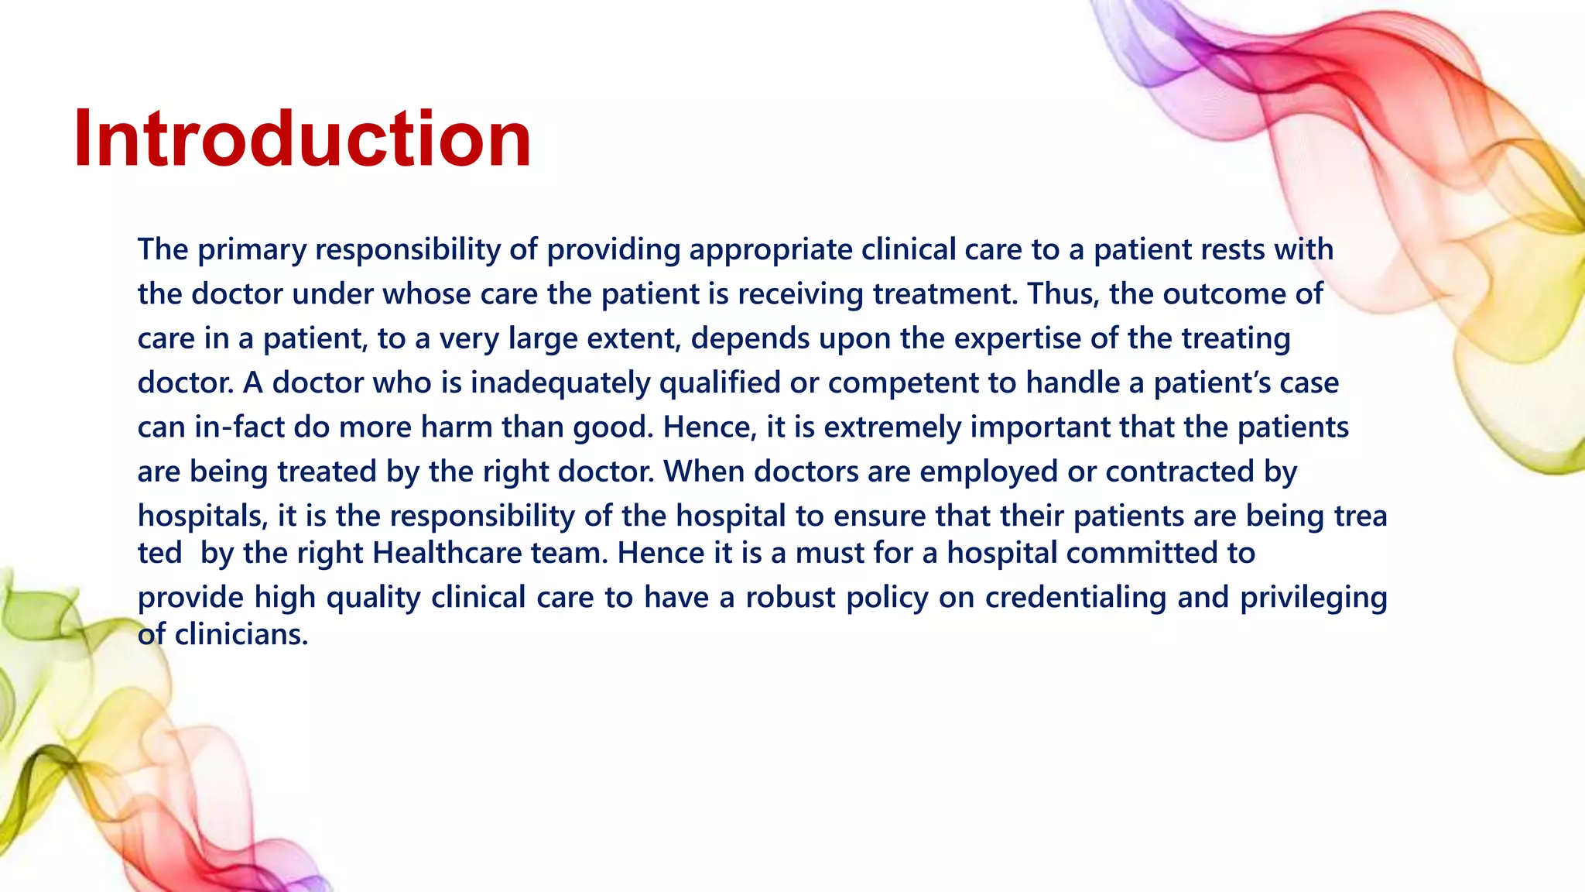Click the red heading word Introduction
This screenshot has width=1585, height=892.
point(302,139)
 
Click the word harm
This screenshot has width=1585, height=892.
point(456,427)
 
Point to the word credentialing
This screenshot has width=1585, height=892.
point(1074,598)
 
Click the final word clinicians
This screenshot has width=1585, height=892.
point(241,635)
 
